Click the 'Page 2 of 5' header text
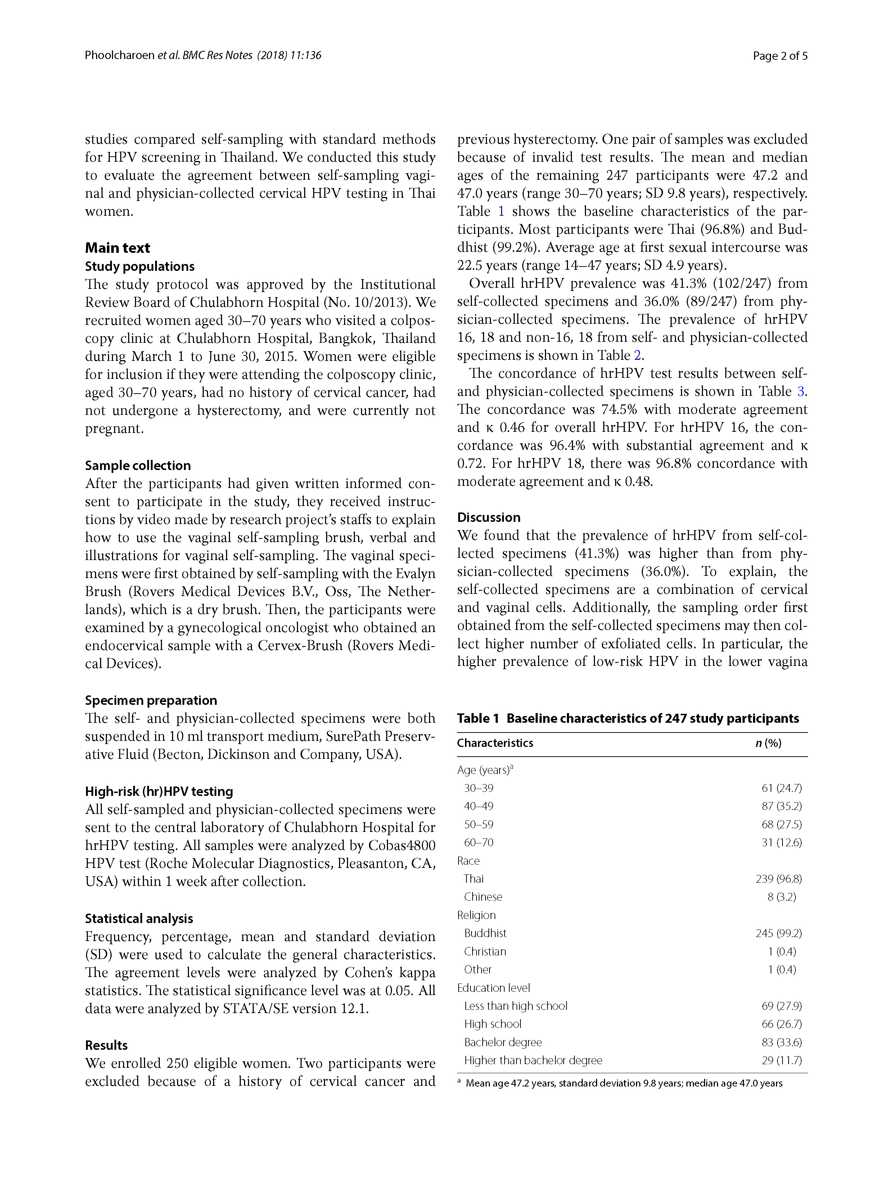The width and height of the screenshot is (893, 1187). (x=780, y=55)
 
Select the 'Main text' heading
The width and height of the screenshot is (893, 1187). (x=117, y=248)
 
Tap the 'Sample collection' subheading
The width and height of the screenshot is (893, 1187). (x=138, y=465)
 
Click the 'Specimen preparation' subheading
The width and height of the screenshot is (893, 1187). (x=151, y=700)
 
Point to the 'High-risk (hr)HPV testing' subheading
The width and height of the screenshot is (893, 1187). (x=159, y=791)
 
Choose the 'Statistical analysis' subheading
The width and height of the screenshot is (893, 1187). (x=139, y=918)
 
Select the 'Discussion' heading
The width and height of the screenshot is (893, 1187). (x=488, y=517)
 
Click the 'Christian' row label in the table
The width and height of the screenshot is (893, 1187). (x=485, y=951)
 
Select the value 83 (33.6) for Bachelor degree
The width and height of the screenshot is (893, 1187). (x=781, y=1042)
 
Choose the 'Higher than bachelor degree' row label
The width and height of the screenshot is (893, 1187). (x=533, y=1060)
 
